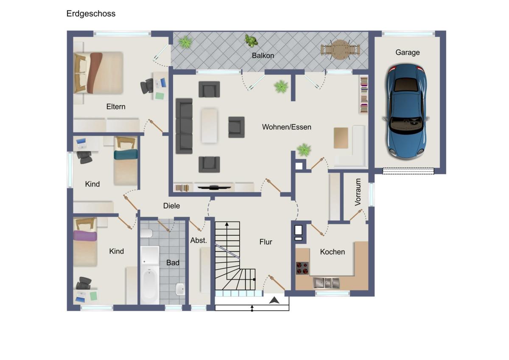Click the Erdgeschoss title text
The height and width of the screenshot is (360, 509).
tap(91, 14)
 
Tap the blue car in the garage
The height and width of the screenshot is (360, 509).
tap(406, 111)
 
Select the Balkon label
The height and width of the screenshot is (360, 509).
tap(263, 56)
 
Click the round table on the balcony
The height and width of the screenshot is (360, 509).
tap(340, 50)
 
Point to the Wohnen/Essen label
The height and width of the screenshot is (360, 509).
tap(287, 127)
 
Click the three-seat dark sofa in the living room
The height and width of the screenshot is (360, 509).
tap(184, 126)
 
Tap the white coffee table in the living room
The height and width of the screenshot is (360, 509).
tap(209, 126)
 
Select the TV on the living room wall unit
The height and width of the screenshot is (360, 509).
tap(214, 188)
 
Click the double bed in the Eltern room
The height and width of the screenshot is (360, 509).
tap(98, 73)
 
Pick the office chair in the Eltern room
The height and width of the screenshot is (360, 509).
tap(147, 86)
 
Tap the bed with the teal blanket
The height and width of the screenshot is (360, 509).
tap(126, 160)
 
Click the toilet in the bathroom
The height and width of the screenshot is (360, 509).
tap(146, 233)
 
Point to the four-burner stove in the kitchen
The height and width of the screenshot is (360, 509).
tap(302, 268)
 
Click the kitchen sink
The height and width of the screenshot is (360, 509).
tap(326, 283)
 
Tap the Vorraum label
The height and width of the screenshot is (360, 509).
tap(358, 192)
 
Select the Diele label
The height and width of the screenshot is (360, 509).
tap(171, 206)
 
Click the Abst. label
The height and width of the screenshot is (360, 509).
tap(199, 240)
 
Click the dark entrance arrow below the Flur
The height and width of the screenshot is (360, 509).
tap(274, 300)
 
